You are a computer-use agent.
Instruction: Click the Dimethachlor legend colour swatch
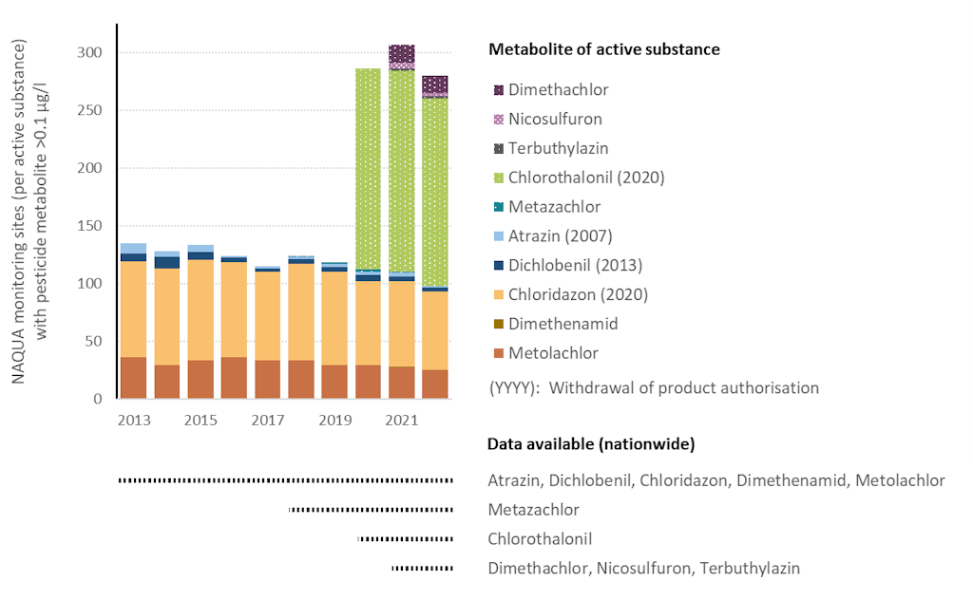[499, 90]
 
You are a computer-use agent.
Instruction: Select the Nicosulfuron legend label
[555, 120]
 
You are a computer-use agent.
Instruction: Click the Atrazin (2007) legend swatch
[499, 236]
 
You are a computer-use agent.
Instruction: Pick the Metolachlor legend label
[553, 353]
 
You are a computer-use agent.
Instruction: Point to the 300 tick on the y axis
[91, 52]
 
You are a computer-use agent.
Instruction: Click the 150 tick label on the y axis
[91, 226]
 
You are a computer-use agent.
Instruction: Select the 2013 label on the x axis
[133, 421]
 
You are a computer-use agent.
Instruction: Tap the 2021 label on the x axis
[401, 421]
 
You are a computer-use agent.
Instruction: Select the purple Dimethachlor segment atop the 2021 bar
[401, 53]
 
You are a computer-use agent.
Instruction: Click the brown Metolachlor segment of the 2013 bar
[133, 378]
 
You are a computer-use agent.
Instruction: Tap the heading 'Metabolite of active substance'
[603, 49]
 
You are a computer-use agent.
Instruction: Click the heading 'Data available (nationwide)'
[590, 444]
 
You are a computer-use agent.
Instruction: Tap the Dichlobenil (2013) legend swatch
[499, 266]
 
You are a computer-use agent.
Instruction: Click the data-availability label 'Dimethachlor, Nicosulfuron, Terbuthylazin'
[643, 569]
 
